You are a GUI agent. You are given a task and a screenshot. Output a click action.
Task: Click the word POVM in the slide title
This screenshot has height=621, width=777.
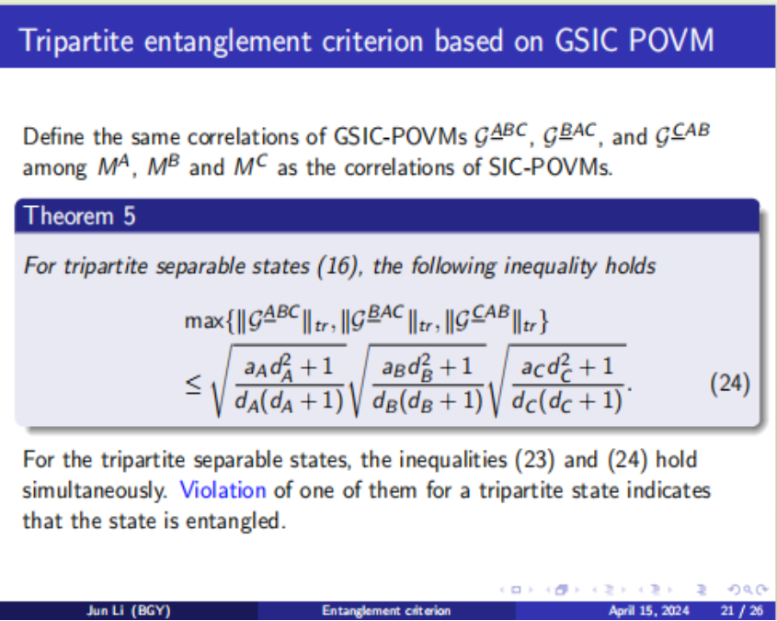(x=671, y=40)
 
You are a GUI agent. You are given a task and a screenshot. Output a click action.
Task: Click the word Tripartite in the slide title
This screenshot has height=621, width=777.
(x=77, y=41)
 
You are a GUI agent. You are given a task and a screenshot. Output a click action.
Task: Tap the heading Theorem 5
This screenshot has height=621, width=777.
(x=80, y=216)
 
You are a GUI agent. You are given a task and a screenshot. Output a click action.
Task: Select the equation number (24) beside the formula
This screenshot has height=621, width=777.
(x=730, y=384)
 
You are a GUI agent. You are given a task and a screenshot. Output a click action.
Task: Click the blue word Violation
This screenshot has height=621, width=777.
(x=223, y=490)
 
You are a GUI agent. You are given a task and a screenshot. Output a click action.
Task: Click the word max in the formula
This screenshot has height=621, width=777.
(x=203, y=321)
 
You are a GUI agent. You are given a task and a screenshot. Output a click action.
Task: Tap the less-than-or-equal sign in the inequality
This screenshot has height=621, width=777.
(x=193, y=385)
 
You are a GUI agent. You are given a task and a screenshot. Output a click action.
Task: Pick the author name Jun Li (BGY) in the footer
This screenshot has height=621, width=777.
(x=129, y=611)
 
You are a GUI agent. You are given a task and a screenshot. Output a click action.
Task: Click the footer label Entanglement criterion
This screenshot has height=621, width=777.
(x=386, y=611)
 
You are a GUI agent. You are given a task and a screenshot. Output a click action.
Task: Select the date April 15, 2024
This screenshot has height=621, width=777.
(x=648, y=611)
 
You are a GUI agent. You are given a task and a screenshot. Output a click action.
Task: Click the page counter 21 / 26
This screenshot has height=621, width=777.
(x=742, y=611)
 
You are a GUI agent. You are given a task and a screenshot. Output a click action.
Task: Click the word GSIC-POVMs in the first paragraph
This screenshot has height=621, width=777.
(x=400, y=136)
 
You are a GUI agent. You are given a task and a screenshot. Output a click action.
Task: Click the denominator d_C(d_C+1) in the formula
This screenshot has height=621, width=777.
(x=567, y=400)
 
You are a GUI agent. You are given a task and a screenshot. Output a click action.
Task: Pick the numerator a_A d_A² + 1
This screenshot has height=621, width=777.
(x=289, y=368)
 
